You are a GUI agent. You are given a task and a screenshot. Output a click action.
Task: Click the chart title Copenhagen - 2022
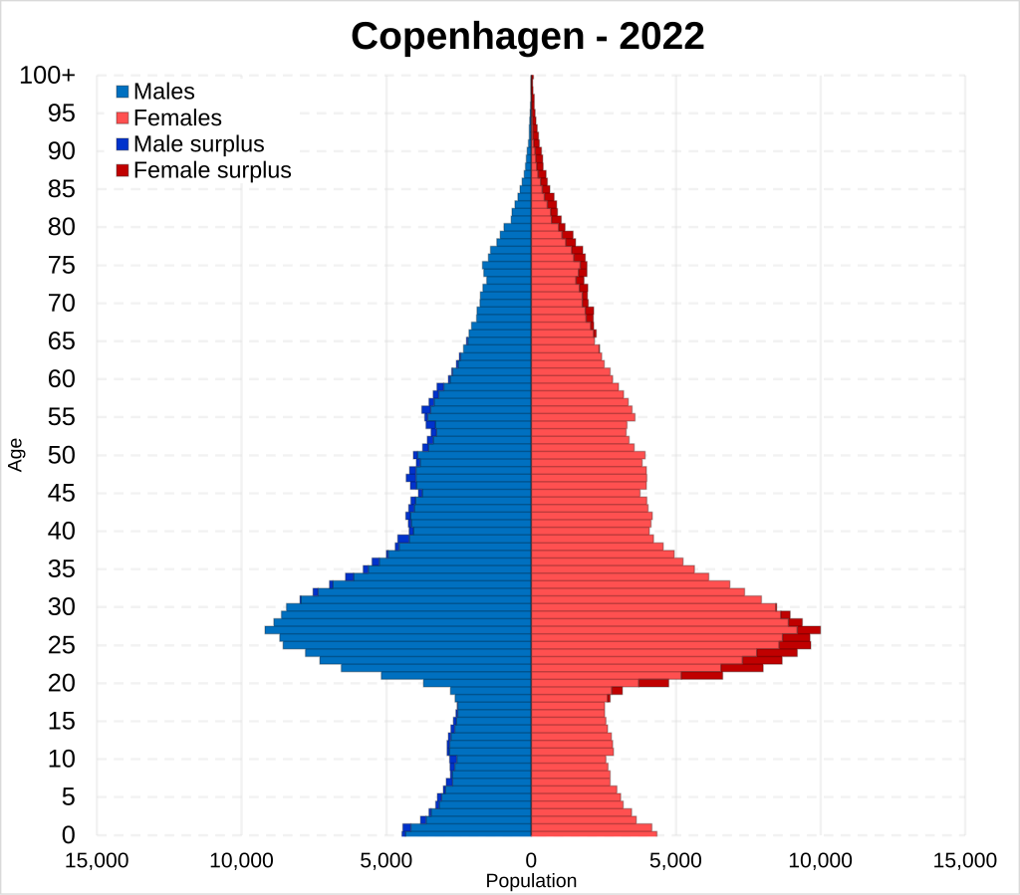point(527,37)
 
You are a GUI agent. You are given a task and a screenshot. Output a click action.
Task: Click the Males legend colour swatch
point(123,93)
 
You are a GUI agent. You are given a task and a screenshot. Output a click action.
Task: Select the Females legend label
point(177,118)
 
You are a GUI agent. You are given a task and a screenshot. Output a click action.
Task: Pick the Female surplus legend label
point(212,170)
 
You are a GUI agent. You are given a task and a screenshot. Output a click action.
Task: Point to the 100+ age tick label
point(47,76)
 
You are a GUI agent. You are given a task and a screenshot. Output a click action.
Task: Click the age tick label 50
point(62,455)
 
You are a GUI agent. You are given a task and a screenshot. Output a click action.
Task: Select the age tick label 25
point(62,645)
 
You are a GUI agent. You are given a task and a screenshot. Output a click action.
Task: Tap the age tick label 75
point(62,265)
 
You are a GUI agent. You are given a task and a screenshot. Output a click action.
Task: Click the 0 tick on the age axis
point(69,834)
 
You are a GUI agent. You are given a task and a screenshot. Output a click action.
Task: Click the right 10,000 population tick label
point(820,860)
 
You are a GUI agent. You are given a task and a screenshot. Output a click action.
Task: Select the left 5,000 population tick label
point(385,860)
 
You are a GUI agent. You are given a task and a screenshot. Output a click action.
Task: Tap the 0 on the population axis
point(531,860)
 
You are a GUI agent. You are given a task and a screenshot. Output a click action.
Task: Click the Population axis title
point(531,881)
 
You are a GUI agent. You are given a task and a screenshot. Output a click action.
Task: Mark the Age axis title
point(16,455)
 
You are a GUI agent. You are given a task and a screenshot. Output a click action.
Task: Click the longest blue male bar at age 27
point(398,629)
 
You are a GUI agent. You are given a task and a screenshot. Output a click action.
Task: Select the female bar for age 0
point(594,833)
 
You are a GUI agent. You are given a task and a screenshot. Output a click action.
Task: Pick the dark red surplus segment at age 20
point(653,683)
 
